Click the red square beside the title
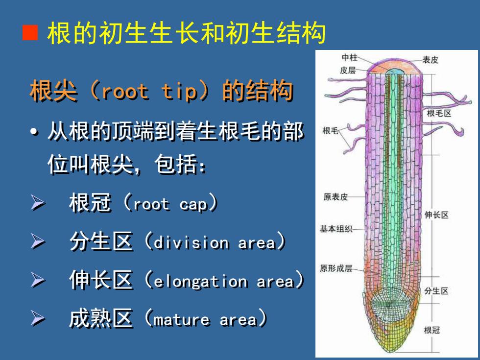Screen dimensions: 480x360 click(30, 33)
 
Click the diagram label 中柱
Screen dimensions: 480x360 click(350, 57)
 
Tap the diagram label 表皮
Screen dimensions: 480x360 click(431, 60)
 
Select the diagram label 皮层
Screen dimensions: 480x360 click(348, 71)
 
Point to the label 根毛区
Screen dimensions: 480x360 click(439, 113)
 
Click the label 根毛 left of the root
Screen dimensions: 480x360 click(330, 131)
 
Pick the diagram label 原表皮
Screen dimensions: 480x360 click(336, 196)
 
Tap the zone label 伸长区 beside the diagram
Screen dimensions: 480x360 click(436, 215)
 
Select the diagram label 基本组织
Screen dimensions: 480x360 click(336, 229)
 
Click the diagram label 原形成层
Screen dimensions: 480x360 click(336, 268)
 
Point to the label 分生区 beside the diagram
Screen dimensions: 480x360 click(436, 291)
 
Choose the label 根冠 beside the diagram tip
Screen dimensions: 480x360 click(432, 330)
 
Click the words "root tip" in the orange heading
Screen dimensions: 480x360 click(149, 91)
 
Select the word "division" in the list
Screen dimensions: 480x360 click(192, 242)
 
